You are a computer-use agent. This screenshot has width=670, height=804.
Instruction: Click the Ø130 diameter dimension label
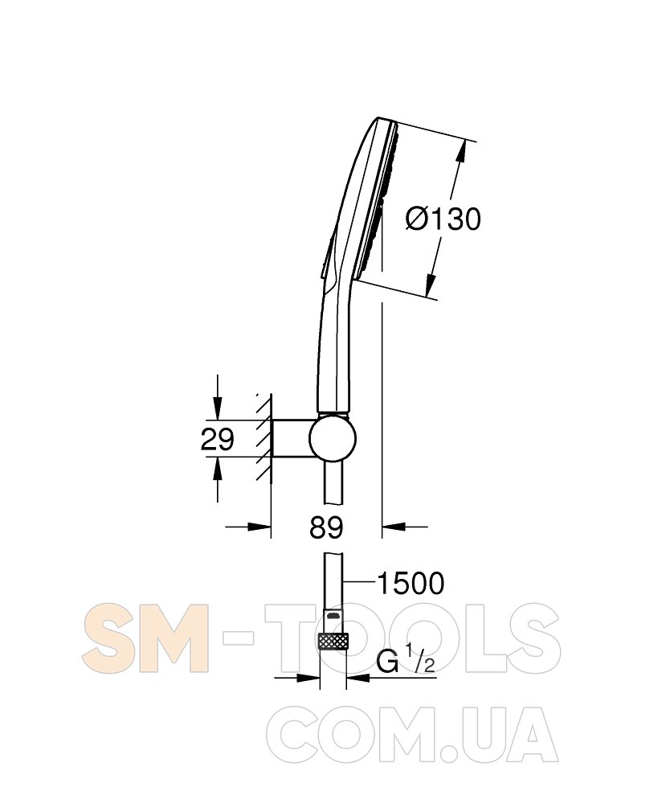[443, 219]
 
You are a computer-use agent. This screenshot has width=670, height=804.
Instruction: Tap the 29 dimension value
[217, 439]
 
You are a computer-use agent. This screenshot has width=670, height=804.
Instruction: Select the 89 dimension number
[326, 527]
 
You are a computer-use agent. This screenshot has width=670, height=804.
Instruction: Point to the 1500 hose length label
[411, 584]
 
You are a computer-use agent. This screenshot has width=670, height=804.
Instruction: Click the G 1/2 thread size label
[406, 662]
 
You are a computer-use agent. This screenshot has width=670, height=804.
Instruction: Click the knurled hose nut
[333, 641]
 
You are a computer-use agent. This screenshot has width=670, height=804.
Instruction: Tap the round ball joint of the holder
[333, 439]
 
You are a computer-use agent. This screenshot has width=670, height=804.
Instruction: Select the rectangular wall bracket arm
[292, 439]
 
